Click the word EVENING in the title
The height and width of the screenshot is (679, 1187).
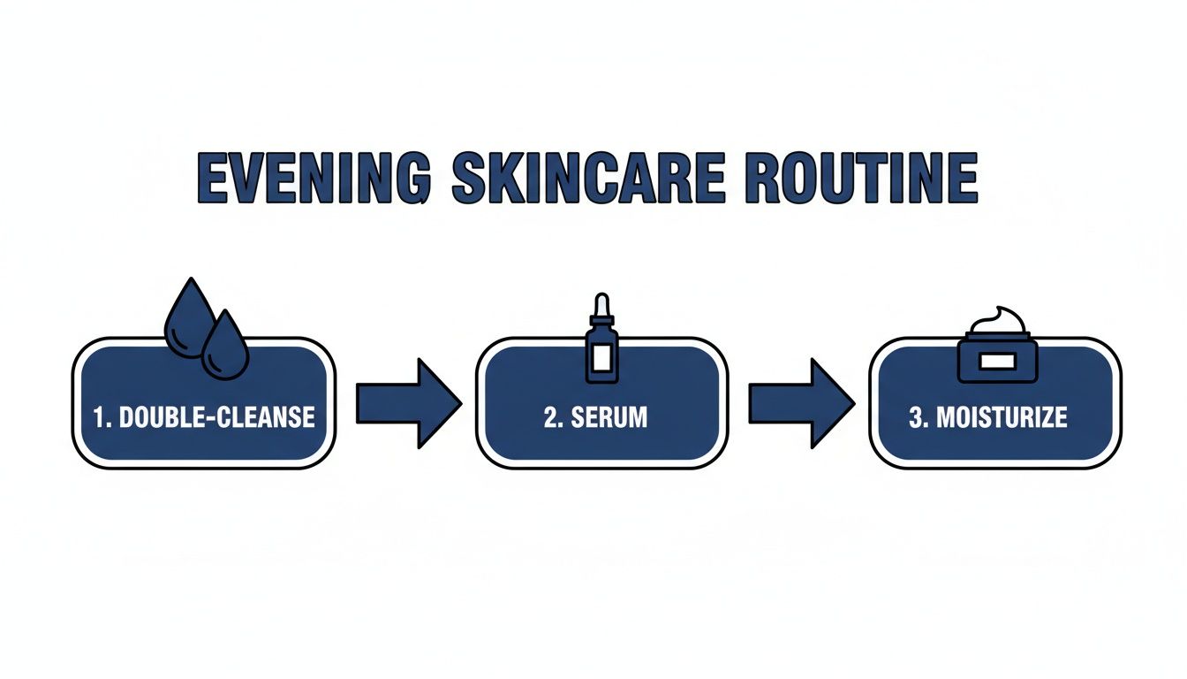click(x=314, y=179)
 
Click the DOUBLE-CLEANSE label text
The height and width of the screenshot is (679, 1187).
click(x=216, y=417)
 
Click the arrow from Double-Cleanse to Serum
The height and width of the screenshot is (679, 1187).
click(x=407, y=403)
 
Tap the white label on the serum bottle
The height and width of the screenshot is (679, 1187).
click(x=602, y=357)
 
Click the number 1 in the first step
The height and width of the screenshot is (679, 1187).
click(x=100, y=417)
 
